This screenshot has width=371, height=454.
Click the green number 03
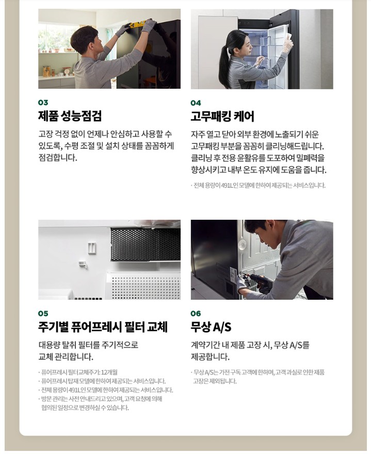43,103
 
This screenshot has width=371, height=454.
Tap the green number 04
196,103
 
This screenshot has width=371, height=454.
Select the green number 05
43,313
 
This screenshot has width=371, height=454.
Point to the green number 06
196,313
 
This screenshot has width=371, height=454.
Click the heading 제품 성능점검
70,116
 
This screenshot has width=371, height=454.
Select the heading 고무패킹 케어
222,116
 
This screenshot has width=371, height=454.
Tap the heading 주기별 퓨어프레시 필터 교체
103,327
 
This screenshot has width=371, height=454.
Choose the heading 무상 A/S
211,327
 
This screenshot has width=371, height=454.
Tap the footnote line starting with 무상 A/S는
258,372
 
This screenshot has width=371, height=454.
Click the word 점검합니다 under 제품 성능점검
58,158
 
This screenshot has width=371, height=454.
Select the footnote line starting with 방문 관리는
100,399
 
